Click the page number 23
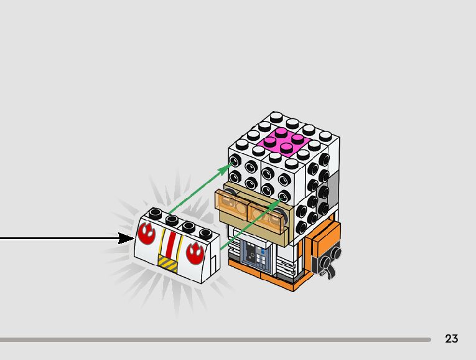click(452, 339)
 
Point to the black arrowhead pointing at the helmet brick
click(127, 238)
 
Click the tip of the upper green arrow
click(230, 167)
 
